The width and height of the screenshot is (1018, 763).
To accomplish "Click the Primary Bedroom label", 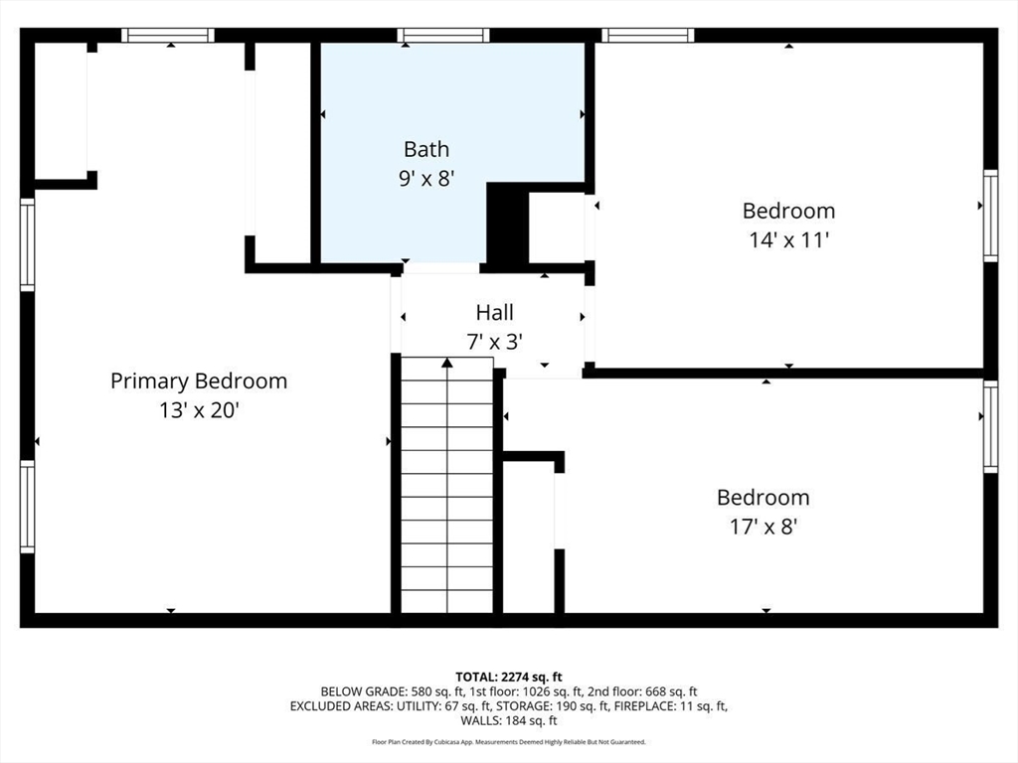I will [199, 381].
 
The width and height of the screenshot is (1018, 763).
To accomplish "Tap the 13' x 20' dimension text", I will [199, 409].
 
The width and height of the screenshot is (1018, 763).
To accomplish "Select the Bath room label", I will [426, 149].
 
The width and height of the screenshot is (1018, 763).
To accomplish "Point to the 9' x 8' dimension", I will [426, 179].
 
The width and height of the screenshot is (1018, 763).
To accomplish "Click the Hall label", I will [494, 313].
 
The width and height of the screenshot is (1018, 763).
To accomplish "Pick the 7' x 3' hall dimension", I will [494, 342].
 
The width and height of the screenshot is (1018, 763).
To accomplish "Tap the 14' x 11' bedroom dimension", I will [788, 239].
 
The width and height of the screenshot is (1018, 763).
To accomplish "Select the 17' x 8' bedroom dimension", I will [763, 527].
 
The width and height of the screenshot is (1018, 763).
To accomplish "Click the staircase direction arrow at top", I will [447, 364].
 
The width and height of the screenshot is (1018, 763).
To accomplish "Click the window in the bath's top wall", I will [443, 36].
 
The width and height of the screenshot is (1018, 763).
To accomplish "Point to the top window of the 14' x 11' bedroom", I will [647, 36].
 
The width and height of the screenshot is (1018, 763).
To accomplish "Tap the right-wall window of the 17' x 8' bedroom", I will [990, 425].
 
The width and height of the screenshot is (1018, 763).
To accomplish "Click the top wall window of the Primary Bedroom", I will [168, 36].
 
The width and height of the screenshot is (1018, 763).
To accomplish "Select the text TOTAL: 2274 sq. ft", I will [509, 677].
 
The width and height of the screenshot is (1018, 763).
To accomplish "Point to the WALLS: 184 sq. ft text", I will [509, 721].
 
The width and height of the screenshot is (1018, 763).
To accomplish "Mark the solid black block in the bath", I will [506, 226].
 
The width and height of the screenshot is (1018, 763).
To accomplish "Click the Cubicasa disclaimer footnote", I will [509, 742].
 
